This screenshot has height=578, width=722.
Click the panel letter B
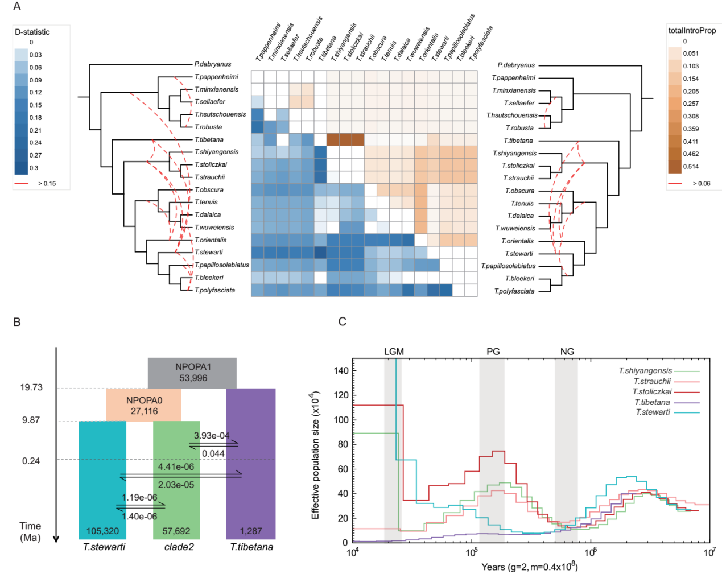click(x=17, y=322)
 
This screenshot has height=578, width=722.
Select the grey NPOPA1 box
click(x=192, y=373)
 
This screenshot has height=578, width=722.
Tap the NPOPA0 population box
click(x=144, y=406)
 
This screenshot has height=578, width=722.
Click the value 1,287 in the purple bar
click(x=250, y=531)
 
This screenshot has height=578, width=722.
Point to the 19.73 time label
click(x=31, y=387)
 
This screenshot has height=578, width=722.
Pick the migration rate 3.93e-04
click(x=212, y=435)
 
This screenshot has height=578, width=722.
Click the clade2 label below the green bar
click(x=179, y=547)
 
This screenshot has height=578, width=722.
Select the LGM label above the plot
click(x=394, y=352)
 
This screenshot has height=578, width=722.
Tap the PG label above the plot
click(x=493, y=352)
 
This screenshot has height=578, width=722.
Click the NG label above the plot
click(x=567, y=352)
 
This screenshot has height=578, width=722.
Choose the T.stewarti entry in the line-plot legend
click(x=653, y=412)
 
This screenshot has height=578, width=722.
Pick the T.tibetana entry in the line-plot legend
click(x=652, y=402)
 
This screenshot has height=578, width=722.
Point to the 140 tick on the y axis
click(x=341, y=370)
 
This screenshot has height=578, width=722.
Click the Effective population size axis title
click(x=315, y=455)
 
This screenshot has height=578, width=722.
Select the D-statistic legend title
click(x=32, y=32)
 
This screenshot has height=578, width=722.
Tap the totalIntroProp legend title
click(x=692, y=31)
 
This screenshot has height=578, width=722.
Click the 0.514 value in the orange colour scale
click(x=691, y=166)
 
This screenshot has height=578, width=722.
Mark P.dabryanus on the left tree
click(x=213, y=64)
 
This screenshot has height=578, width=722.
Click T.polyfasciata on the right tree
click(x=514, y=291)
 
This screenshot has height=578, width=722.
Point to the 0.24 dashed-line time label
click(x=31, y=461)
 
